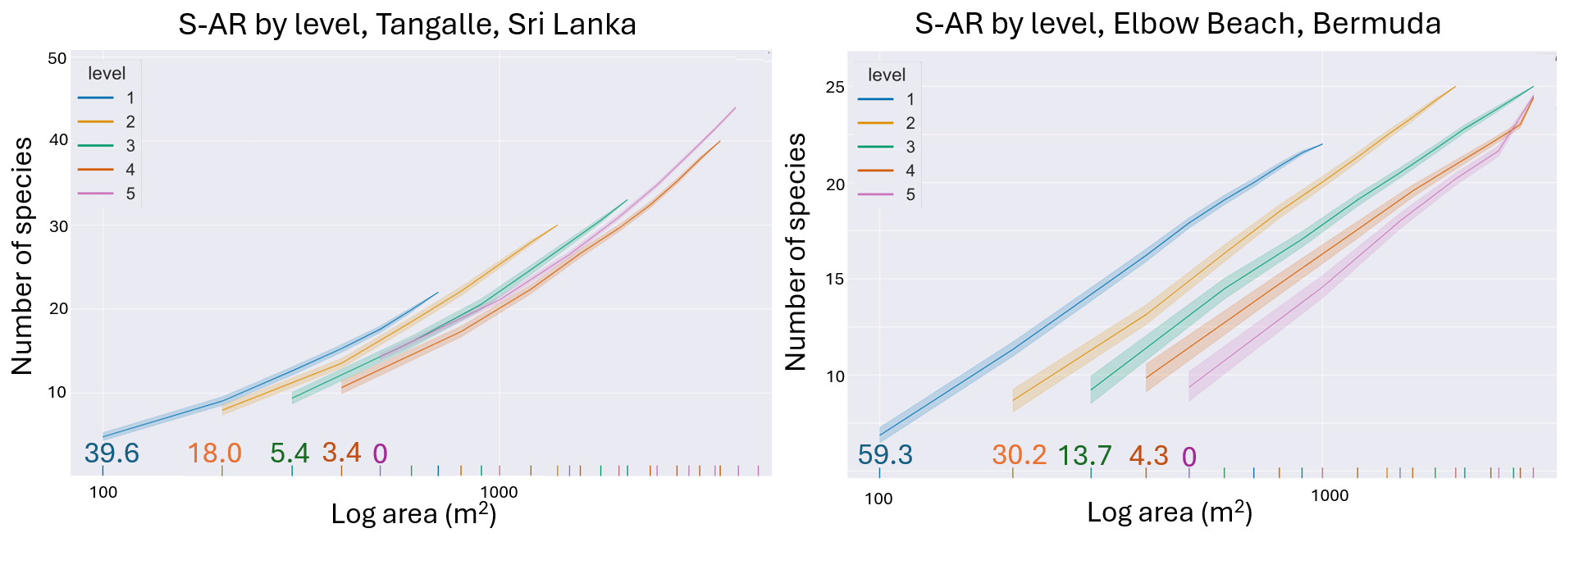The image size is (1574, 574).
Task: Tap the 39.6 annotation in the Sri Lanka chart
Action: click(112, 453)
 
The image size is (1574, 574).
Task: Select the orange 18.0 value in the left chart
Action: click(214, 453)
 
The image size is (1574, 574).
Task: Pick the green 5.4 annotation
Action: click(290, 453)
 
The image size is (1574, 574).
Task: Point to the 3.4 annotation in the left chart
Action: click(341, 453)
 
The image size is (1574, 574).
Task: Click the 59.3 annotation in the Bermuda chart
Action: click(885, 455)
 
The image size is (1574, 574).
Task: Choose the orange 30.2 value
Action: click(1019, 455)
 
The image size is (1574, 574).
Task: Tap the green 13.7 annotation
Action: click(1084, 455)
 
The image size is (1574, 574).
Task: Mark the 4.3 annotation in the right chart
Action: click(1148, 456)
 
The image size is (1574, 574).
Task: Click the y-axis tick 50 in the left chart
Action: click(57, 59)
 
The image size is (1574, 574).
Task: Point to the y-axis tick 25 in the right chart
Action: click(835, 88)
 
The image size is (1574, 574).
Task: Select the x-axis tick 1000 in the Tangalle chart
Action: click(499, 493)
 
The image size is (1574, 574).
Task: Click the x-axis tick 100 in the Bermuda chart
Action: click(878, 499)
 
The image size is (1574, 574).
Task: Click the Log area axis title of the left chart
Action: click(413, 514)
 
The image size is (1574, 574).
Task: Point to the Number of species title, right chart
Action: click(796, 252)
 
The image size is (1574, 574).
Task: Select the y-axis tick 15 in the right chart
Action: click(835, 280)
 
